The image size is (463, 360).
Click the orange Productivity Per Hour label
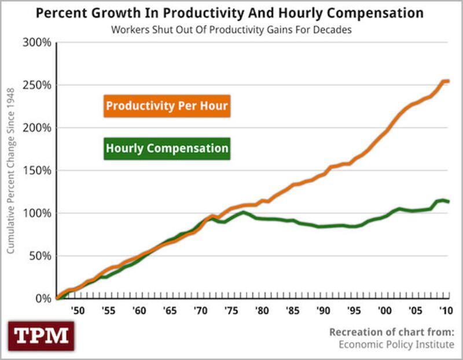click(x=167, y=106)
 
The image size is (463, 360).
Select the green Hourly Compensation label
click(x=167, y=148)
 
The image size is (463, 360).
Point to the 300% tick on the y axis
click(x=38, y=42)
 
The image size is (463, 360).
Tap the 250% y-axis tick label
click(x=38, y=85)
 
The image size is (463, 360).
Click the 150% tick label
click(x=38, y=171)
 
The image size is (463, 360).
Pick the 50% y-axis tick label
click(x=40, y=256)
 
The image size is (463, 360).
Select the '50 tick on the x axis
click(x=77, y=311)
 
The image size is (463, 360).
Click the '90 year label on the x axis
click(x=322, y=311)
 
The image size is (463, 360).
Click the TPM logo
click(x=41, y=336)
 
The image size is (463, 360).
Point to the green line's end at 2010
click(x=449, y=201)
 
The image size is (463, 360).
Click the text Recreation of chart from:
click(x=392, y=332)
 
